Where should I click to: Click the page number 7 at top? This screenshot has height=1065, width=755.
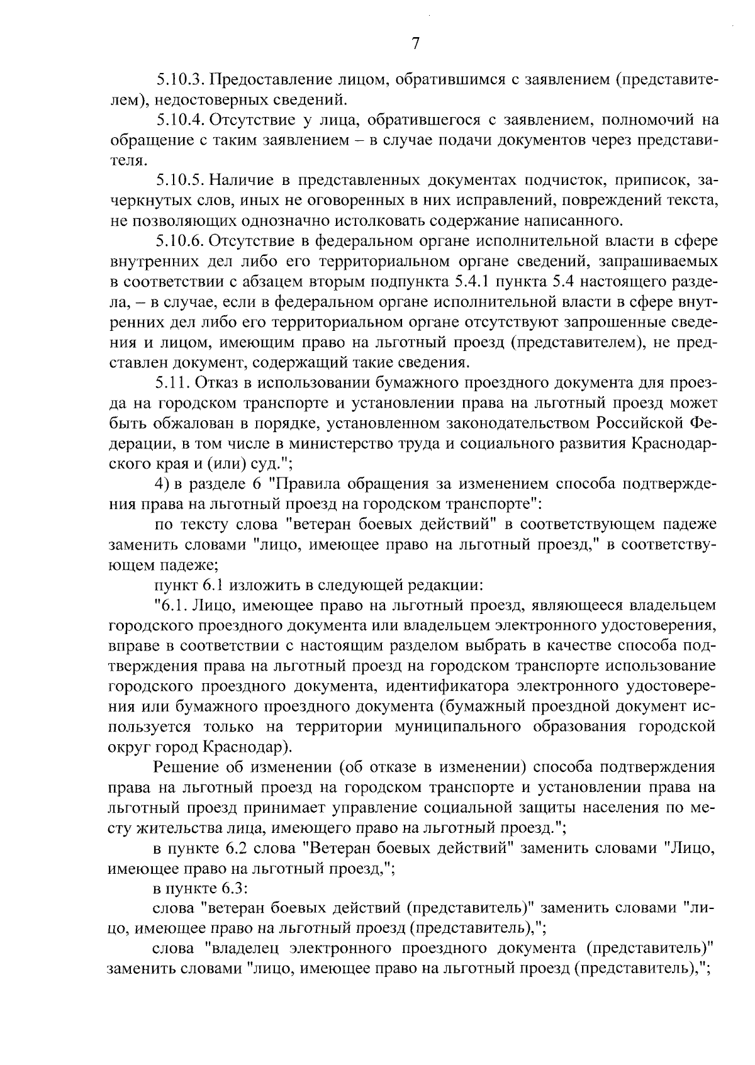(415, 43)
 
